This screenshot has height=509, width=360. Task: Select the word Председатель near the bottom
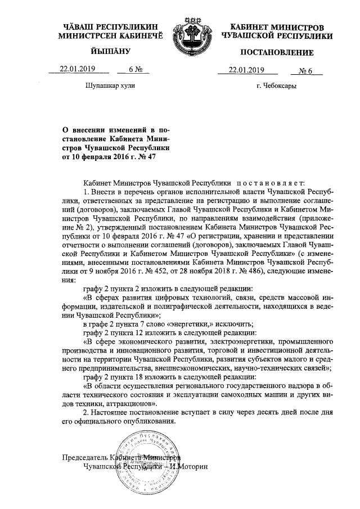tap(84, 457)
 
